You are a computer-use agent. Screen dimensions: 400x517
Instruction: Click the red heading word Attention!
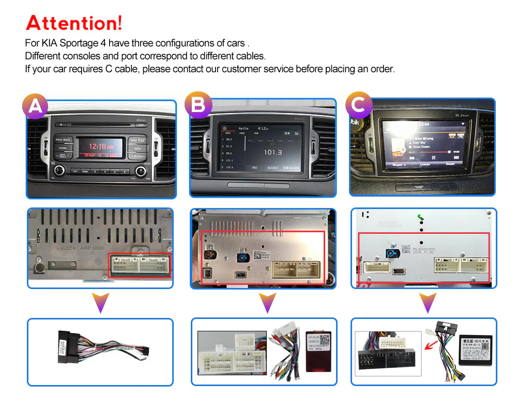[74, 23]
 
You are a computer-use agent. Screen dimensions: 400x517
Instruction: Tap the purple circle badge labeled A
[35, 106]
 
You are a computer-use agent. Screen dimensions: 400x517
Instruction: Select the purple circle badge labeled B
[198, 105]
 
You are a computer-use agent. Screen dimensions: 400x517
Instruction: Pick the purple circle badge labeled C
[358, 105]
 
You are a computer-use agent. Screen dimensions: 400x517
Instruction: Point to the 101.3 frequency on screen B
[272, 152]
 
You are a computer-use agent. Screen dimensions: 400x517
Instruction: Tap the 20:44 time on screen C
[423, 124]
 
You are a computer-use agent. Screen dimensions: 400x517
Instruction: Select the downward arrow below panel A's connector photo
[101, 302]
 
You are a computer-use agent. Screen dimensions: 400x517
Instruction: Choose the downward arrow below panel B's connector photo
[267, 302]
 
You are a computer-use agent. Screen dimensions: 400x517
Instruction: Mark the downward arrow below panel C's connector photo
[428, 302]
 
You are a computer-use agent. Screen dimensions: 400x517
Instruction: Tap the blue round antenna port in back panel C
[391, 253]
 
